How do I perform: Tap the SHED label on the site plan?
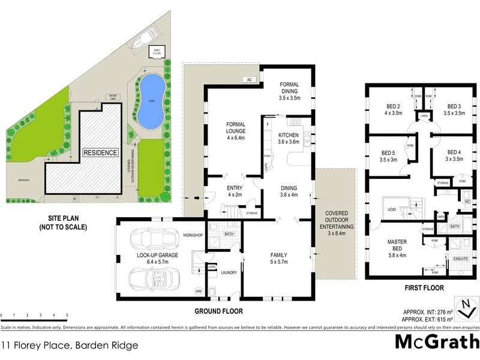coord(157,51)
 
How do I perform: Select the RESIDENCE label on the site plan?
coord(100,152)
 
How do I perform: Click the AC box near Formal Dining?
coord(247,79)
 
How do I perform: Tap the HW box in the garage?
coord(199,292)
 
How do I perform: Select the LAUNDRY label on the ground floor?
coord(229,272)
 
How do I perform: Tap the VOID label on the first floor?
coord(392,209)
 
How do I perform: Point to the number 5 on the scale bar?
coord(67,315)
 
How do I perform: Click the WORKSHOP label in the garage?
coord(194,235)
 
